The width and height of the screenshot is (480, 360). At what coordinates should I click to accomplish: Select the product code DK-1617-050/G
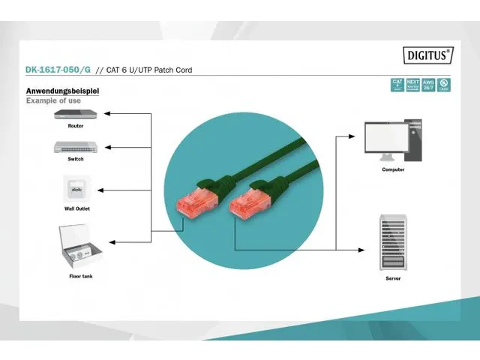click(x=58, y=70)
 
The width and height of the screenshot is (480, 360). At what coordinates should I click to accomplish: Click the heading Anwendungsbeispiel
click(x=62, y=91)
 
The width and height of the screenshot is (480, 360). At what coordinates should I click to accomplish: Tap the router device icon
click(x=75, y=115)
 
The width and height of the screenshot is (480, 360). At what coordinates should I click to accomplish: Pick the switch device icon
click(x=75, y=146)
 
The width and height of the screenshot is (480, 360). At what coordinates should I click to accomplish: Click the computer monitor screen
click(x=385, y=137)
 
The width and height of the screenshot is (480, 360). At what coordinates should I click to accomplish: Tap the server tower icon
click(x=393, y=242)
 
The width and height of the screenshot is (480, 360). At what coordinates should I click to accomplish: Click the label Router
click(x=75, y=126)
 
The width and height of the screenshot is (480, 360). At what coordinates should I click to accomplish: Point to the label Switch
click(x=75, y=158)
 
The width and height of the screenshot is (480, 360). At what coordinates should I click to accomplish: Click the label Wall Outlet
click(x=77, y=208)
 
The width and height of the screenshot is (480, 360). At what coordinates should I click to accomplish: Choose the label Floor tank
click(x=81, y=277)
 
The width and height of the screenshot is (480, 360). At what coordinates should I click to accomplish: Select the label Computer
click(x=393, y=170)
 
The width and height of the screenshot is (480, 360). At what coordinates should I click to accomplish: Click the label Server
click(x=393, y=278)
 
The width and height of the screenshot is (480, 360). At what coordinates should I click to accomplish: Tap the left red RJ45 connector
click(x=194, y=202)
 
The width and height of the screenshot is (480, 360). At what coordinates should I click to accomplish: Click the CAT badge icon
click(x=397, y=85)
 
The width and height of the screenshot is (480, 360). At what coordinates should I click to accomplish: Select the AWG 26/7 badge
click(x=427, y=85)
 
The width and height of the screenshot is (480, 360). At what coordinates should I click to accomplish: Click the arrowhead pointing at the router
click(x=106, y=114)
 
